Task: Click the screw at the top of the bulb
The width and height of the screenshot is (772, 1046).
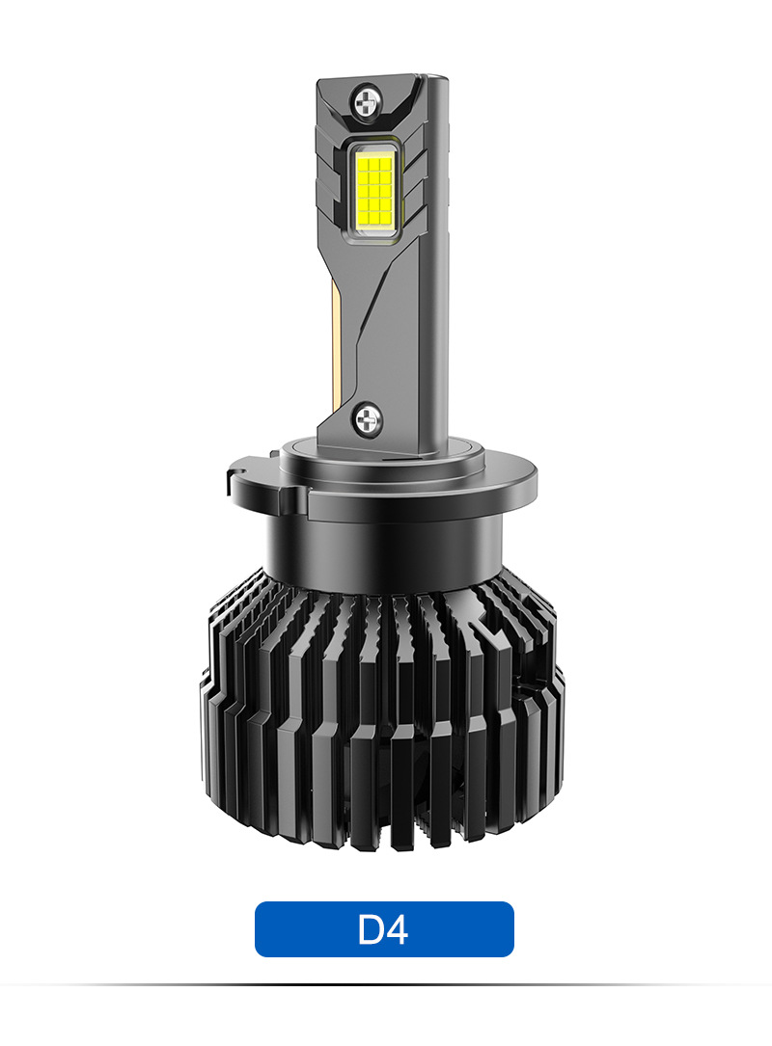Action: click(x=367, y=102)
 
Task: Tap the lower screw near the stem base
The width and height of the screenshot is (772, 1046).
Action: click(x=368, y=419)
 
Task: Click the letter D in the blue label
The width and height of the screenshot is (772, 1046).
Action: click(x=371, y=928)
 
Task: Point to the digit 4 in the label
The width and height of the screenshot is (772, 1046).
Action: click(x=397, y=928)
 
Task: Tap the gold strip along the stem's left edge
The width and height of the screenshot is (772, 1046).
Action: click(x=336, y=347)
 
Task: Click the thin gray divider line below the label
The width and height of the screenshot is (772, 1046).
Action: click(x=386, y=984)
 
